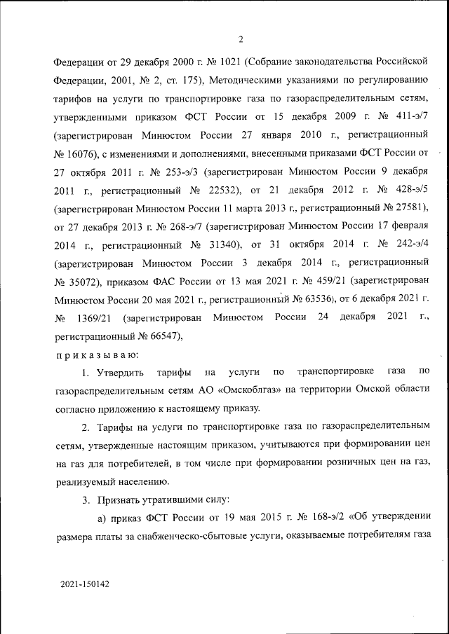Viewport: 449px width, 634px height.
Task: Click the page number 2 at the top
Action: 240,39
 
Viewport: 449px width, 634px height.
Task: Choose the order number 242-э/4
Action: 407,247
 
